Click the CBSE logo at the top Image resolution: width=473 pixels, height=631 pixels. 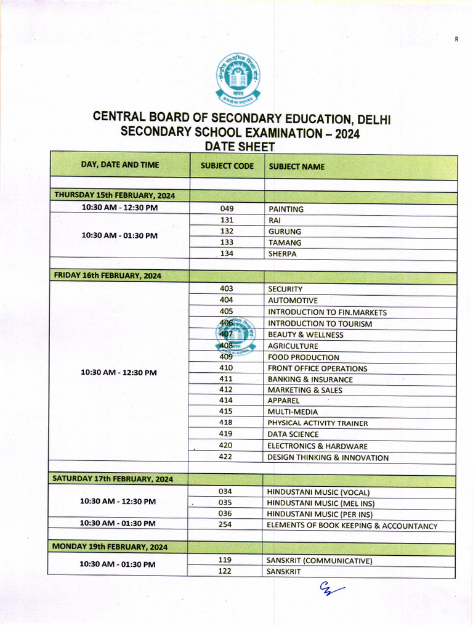[x=238, y=78]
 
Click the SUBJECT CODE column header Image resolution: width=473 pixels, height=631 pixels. [x=227, y=166]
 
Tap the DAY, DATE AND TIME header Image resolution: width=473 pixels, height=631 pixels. [x=119, y=165]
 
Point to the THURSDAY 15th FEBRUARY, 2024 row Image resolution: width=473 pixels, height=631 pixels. [x=115, y=195]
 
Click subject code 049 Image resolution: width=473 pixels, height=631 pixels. [x=227, y=209]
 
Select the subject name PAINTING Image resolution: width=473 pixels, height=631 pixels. [x=286, y=210]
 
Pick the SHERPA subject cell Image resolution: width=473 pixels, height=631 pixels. [x=282, y=254]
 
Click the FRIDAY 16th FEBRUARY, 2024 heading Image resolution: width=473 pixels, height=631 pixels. [x=108, y=275]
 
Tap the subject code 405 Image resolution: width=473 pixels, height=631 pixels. [x=226, y=312]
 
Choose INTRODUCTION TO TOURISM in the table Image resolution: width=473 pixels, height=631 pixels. [x=320, y=324]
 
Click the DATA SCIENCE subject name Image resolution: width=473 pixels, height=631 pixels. [x=293, y=434]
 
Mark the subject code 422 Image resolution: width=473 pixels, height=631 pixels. [x=225, y=457]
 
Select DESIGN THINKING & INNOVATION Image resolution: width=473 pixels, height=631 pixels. [x=328, y=458]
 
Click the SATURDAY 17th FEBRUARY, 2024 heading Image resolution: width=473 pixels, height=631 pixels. [x=113, y=478]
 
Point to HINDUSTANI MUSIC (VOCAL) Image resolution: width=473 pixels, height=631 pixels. [x=318, y=492]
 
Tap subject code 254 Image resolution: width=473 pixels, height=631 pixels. [x=225, y=525]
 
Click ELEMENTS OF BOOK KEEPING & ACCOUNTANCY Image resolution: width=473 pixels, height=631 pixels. [x=352, y=526]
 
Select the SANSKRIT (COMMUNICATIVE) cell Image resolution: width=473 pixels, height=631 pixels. [x=319, y=561]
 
